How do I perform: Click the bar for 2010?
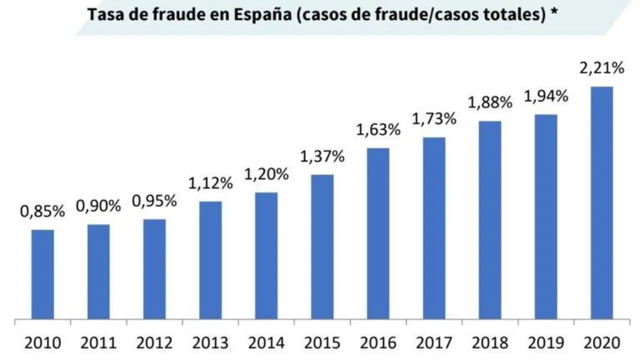pos(42,274)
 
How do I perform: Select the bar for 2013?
pos(210,260)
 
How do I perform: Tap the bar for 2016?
pos(378,233)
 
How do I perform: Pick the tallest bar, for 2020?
pos(601,202)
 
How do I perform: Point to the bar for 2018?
pos(490,219)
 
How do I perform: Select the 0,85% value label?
pos(42,211)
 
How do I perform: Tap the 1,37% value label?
pos(322,156)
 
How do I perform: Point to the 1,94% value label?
pos(545,96)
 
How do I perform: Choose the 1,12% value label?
pos(210,183)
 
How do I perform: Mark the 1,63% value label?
pos(378,130)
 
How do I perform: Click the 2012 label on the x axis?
pos(154,343)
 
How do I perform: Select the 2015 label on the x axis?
pos(322,343)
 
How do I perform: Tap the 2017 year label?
pos(434,343)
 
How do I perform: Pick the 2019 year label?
pos(545,343)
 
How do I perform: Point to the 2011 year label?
pos(98,343)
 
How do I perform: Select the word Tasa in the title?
pos(103,15)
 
